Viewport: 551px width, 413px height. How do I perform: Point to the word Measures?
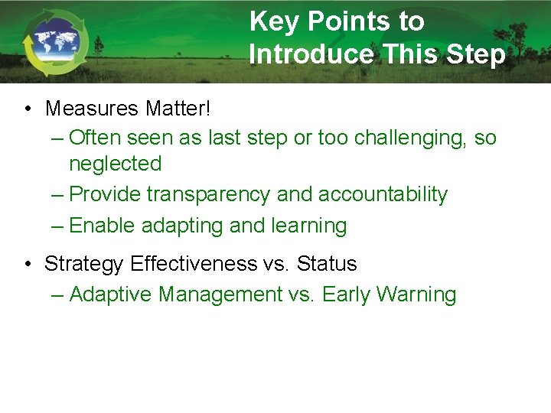click(92, 109)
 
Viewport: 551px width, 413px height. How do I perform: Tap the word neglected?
click(115, 164)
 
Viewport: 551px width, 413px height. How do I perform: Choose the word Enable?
click(97, 226)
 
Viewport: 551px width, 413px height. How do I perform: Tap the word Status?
click(327, 264)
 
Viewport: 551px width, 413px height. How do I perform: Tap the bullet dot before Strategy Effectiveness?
click(28, 265)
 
